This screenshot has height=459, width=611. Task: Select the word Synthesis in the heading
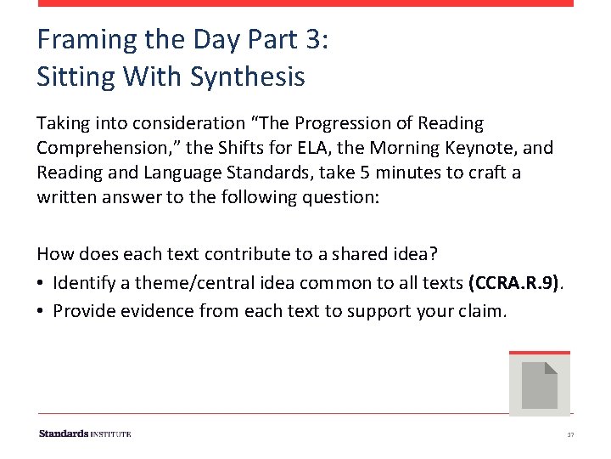tap(248, 76)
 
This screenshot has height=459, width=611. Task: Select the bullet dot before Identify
tap(41, 282)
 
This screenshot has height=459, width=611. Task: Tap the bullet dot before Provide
tap(41, 310)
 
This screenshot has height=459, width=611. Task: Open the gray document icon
tap(539, 384)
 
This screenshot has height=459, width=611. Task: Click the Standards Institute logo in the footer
tap(85, 433)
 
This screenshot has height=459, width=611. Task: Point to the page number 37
tap(570, 434)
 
